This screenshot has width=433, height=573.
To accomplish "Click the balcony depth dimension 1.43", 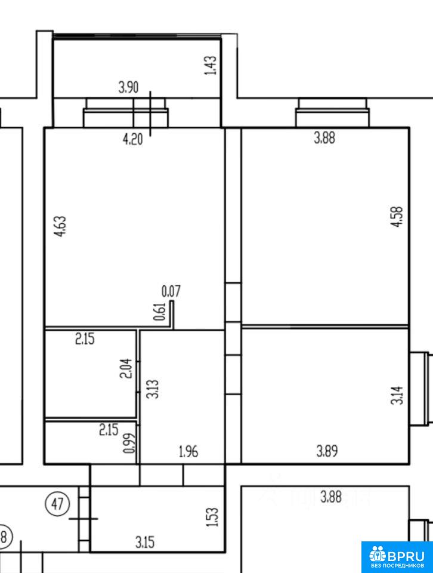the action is [x=211, y=66].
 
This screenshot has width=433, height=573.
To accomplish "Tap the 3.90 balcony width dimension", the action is [x=128, y=88].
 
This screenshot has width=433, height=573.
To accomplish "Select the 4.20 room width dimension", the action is [x=132, y=139].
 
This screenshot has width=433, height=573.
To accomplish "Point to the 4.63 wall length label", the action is [x=61, y=227].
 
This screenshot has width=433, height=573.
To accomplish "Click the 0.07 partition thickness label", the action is [x=171, y=291].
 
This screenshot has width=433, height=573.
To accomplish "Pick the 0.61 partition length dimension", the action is [x=160, y=312].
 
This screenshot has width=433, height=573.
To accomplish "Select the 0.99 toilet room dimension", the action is [x=129, y=443].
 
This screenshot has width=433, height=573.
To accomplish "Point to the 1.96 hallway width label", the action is [x=188, y=452].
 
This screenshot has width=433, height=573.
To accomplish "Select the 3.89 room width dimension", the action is [x=327, y=451].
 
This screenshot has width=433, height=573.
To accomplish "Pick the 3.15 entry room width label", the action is [x=145, y=542].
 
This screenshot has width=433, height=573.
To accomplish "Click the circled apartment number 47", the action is [x=57, y=504].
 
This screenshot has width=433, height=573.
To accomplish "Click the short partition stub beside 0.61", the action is [x=172, y=315].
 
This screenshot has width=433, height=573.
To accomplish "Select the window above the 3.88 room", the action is [x=332, y=113].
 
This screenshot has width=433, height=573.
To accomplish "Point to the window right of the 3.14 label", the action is [x=421, y=389].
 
